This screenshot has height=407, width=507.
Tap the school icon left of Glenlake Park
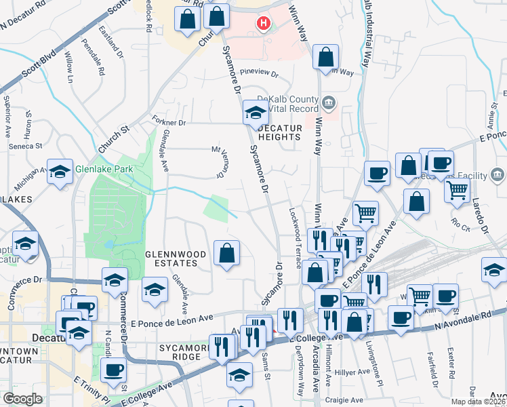click(x=60, y=172)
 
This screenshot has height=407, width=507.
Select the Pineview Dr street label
click(x=260, y=72)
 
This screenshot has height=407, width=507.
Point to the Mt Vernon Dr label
click(x=220, y=163)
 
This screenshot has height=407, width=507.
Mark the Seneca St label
click(x=25, y=146)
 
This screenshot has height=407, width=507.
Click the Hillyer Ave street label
click(x=353, y=372)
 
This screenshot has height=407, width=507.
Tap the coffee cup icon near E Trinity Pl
click(x=113, y=370)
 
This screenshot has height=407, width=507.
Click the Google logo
click(x=22, y=398)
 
